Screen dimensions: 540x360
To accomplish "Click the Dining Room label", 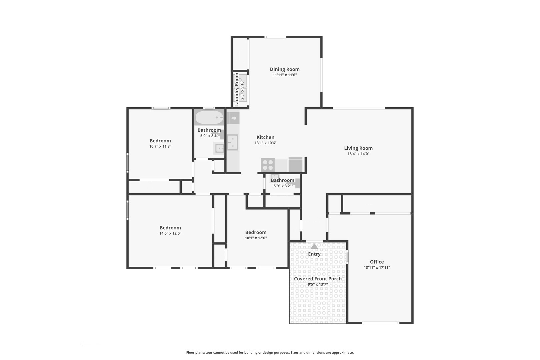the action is (x=285, y=69).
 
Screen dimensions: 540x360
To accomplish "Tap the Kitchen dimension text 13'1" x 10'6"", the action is (x=265, y=143).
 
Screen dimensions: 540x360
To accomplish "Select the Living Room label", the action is (x=358, y=148).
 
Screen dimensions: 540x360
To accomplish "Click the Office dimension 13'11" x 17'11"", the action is (x=377, y=267).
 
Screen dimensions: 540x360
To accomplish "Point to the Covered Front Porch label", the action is (x=318, y=279).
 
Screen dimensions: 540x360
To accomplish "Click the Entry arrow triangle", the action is (x=314, y=246).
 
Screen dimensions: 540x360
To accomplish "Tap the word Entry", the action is (x=314, y=254).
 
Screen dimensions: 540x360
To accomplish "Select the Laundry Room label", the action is (x=237, y=90).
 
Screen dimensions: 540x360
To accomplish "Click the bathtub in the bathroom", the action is (x=209, y=117).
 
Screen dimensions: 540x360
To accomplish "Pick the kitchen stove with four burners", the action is (x=268, y=165).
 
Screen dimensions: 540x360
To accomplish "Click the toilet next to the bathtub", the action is (x=233, y=118).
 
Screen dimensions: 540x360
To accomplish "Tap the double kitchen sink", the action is (x=232, y=142).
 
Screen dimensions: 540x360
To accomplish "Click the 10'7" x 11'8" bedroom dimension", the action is (x=160, y=146).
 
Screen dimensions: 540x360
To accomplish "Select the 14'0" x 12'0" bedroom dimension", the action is (x=170, y=233).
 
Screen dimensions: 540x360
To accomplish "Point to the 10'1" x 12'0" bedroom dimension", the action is (x=256, y=238).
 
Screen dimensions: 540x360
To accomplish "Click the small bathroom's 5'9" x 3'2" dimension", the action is (x=282, y=186).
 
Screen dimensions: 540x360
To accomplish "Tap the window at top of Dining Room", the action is (x=275, y=37).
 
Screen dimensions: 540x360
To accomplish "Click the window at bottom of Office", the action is (x=380, y=323).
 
